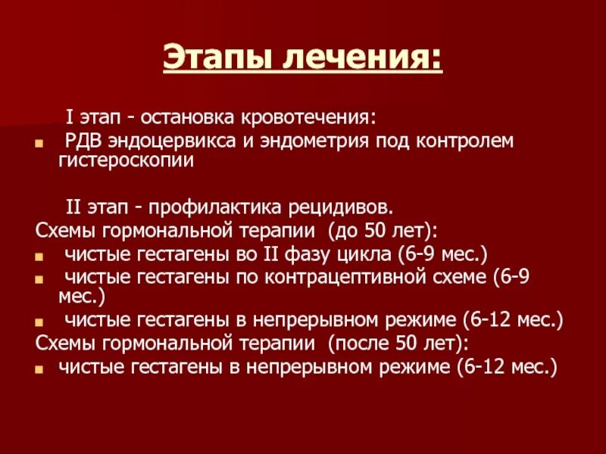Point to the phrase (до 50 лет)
390,230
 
